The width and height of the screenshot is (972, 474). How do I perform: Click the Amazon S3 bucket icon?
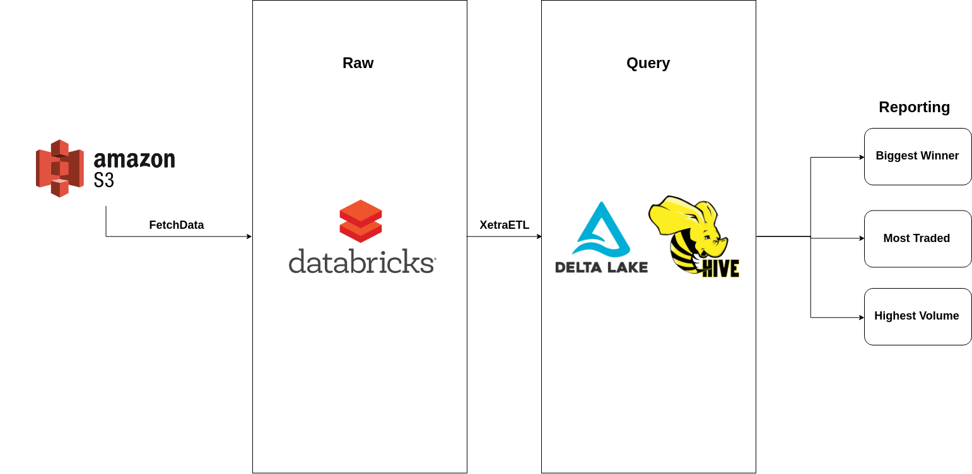(x=60, y=168)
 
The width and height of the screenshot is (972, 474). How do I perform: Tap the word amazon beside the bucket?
(x=134, y=159)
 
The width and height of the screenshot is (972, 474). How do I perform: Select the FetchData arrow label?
(x=176, y=225)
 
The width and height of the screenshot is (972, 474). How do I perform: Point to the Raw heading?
(x=358, y=63)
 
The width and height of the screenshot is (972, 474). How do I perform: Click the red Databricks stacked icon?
(x=361, y=221)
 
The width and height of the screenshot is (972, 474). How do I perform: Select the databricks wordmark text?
(x=361, y=261)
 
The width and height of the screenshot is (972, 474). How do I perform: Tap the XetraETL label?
(x=504, y=225)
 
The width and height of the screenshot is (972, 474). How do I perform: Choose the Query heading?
(x=648, y=63)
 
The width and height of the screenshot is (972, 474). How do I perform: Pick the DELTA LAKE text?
(x=601, y=267)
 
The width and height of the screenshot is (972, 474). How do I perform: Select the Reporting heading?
(x=914, y=107)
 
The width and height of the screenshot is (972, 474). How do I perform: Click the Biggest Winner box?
(x=917, y=156)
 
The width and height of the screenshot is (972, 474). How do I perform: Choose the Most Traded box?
(x=917, y=238)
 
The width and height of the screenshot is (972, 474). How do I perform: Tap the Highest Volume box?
(x=917, y=316)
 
